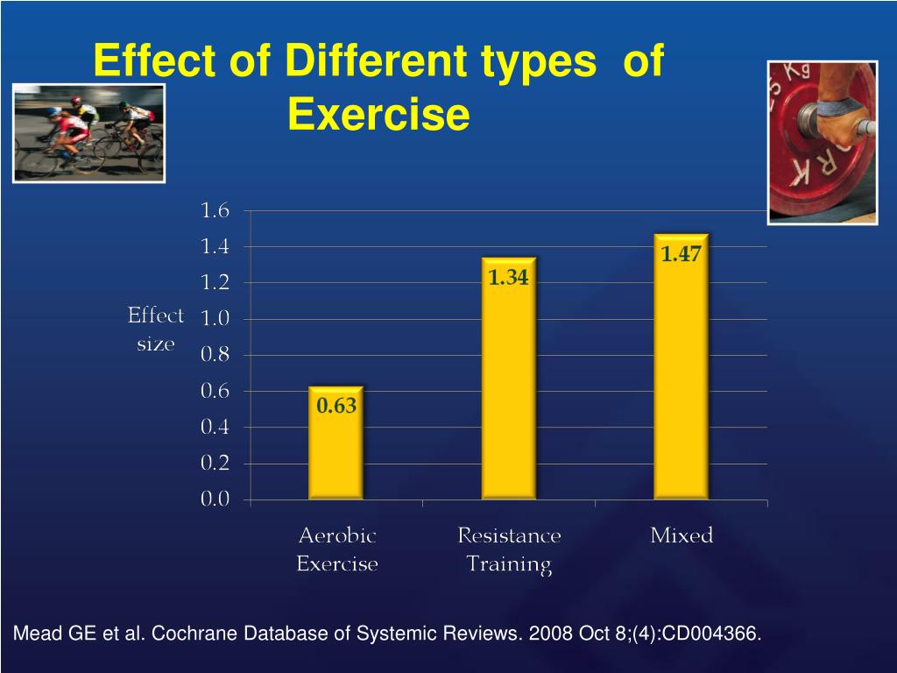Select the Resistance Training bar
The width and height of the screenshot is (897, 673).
pos(509,386)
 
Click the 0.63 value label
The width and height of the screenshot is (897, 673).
pos(336,406)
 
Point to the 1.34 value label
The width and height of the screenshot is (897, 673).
pos(509,278)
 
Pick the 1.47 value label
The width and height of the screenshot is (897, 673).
pos(682,254)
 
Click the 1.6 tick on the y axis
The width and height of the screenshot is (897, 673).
pos(215,210)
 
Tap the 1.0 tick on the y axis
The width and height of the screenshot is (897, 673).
pos(215,319)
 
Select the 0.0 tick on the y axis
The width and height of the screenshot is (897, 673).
pos(215,499)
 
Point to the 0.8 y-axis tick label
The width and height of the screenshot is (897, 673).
pos(215,355)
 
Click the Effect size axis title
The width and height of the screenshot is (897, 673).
pos(156,329)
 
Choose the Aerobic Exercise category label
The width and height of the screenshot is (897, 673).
pos(337,549)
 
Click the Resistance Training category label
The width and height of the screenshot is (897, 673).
pos(509,549)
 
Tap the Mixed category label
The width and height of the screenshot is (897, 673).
pos(682,535)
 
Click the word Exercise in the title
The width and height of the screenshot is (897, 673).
pos(378,115)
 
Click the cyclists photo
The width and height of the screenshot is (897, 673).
pos(88,133)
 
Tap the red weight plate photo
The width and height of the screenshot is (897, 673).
pos(822,142)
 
